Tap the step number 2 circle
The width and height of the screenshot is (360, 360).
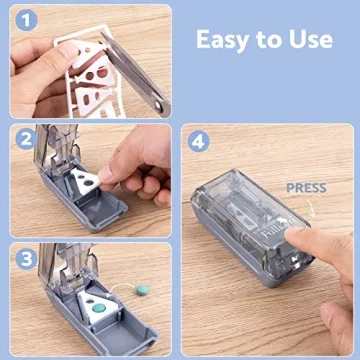click(x=27, y=141)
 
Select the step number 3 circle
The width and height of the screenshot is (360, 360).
click(x=28, y=259)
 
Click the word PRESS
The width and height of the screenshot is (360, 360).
click(x=306, y=187)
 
